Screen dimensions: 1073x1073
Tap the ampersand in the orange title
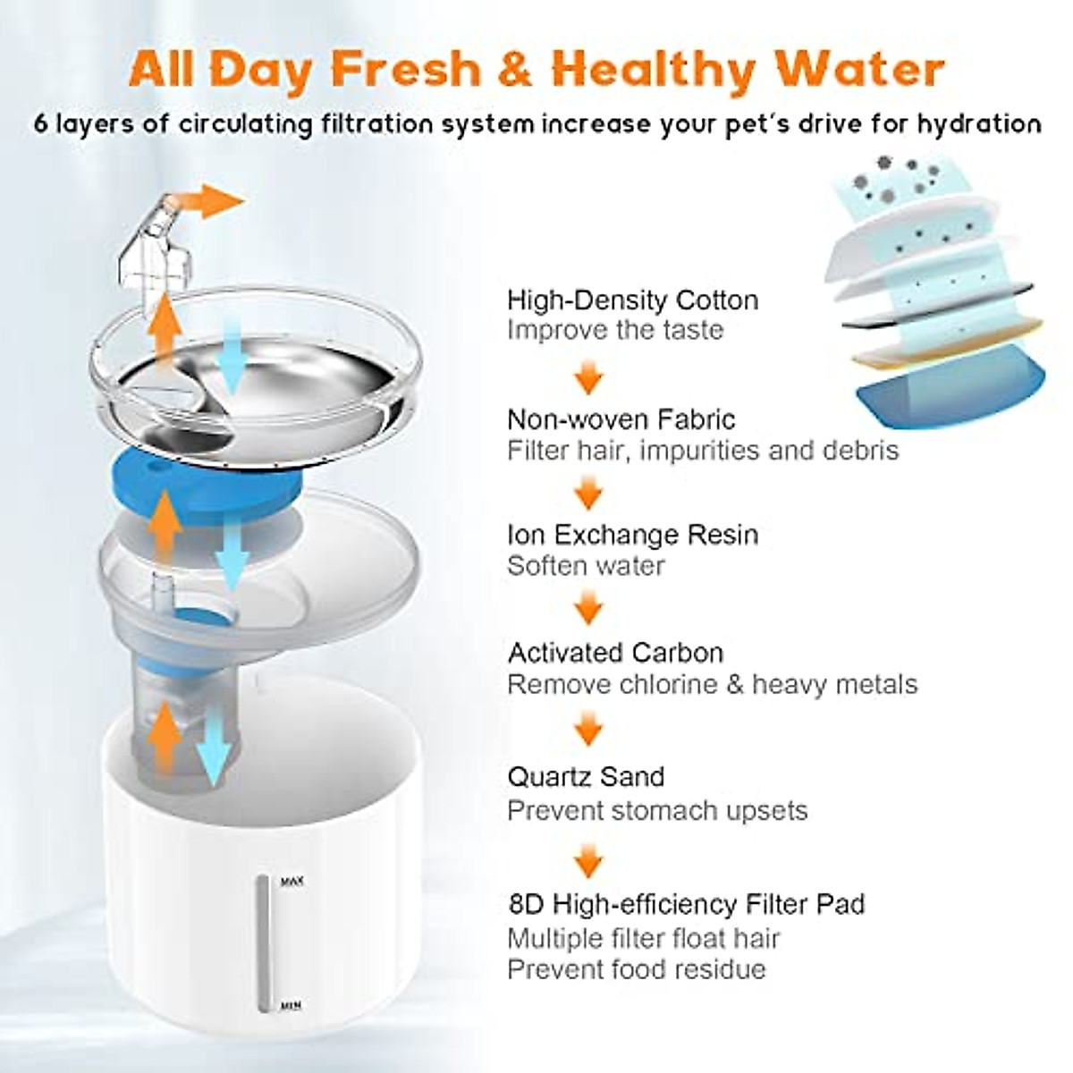[x=515, y=69]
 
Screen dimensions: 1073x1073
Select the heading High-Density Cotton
[x=632, y=300]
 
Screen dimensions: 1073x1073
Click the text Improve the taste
[x=614, y=330]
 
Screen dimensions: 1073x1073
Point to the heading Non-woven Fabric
[x=621, y=418]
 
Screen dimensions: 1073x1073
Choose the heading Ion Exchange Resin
[x=632, y=535]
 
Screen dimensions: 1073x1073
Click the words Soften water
[x=586, y=566]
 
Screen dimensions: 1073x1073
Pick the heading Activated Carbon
[x=615, y=653]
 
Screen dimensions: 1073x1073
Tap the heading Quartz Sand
[x=586, y=776]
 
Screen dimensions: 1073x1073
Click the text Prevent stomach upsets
[x=656, y=810]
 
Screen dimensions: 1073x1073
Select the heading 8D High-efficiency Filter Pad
[x=686, y=904]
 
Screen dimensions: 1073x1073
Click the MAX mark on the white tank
[x=292, y=882]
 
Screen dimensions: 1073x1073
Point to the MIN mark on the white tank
[x=291, y=1006]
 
